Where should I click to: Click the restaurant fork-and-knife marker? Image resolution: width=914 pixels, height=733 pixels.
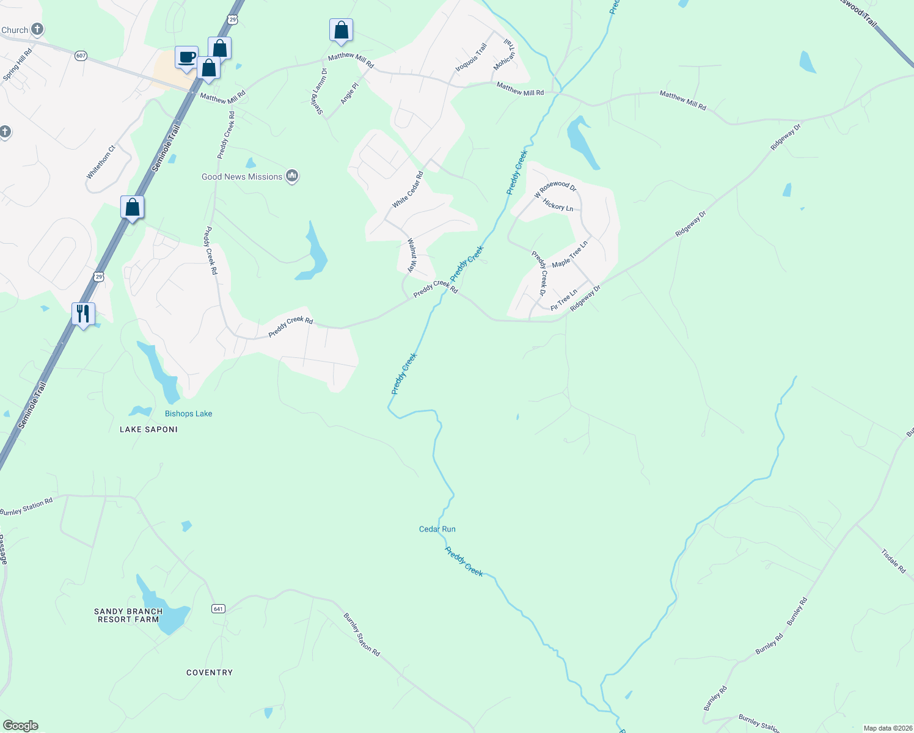click(x=82, y=314)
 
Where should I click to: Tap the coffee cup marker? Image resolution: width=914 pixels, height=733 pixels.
click(x=186, y=58)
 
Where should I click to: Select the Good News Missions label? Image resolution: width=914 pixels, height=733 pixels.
click(x=242, y=177)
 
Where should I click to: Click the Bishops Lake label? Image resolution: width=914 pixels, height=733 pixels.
click(x=188, y=414)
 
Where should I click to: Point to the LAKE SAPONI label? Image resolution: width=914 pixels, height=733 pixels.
click(x=148, y=429)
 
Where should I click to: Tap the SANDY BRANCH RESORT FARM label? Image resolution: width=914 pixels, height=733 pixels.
click(x=128, y=615)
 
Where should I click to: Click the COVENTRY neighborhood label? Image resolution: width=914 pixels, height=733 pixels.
click(x=210, y=673)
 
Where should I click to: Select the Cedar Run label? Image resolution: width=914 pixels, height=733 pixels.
click(x=437, y=529)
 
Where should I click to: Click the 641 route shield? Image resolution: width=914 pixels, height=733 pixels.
click(x=219, y=608)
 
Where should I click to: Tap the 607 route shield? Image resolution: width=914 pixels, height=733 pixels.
click(x=81, y=56)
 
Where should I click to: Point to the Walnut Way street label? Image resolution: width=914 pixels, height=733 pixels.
click(x=412, y=255)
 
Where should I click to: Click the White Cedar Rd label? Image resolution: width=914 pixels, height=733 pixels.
click(x=408, y=190)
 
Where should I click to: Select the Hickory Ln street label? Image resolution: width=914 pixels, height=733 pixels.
click(x=558, y=206)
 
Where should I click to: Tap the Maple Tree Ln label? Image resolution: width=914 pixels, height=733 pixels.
click(x=569, y=254)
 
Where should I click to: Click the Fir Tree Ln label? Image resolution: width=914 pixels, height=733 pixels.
click(x=563, y=300)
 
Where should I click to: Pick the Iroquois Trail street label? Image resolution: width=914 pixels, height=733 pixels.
click(x=471, y=57)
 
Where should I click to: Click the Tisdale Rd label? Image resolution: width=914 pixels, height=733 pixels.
click(x=893, y=561)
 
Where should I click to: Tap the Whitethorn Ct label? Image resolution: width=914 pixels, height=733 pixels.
click(x=101, y=162)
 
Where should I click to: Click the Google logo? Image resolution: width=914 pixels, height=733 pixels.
click(x=21, y=726)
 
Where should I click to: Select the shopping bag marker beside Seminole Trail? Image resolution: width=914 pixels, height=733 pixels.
click(x=132, y=208)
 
